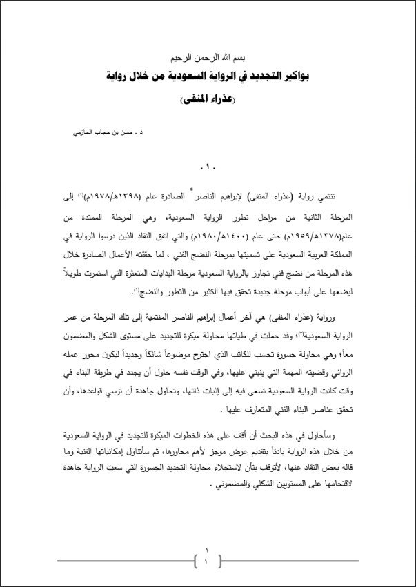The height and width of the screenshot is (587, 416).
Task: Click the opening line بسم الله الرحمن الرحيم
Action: point(208,59)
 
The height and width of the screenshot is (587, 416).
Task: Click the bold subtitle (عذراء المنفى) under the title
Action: point(208,99)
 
